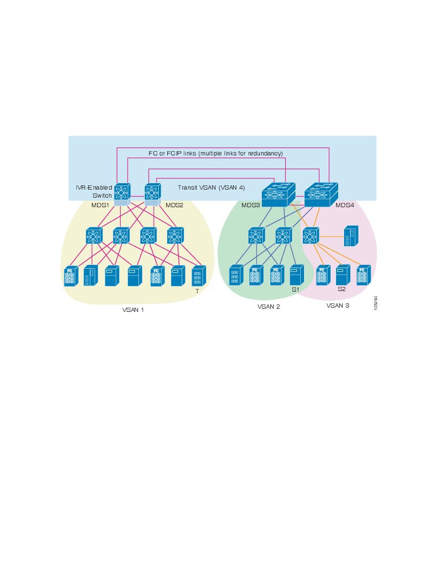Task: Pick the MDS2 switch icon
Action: [x=152, y=193]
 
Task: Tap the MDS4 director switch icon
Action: [x=322, y=194]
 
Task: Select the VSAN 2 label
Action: [x=269, y=307]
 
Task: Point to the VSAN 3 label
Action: [x=338, y=306]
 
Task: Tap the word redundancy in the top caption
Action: [x=266, y=153]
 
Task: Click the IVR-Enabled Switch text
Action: [x=95, y=191]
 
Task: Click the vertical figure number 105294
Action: [x=376, y=304]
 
